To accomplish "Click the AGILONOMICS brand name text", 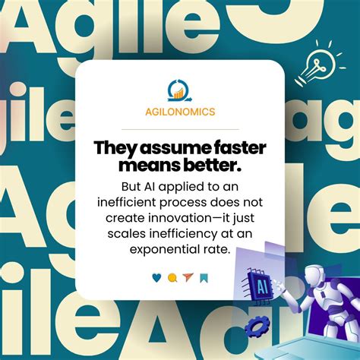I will (x=179, y=112).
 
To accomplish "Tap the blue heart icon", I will (x=156, y=277).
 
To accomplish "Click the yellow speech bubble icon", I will (x=172, y=277).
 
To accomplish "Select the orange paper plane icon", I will (x=188, y=277).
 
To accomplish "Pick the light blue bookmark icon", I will (x=204, y=277).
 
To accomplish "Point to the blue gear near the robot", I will (x=258, y=327).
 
